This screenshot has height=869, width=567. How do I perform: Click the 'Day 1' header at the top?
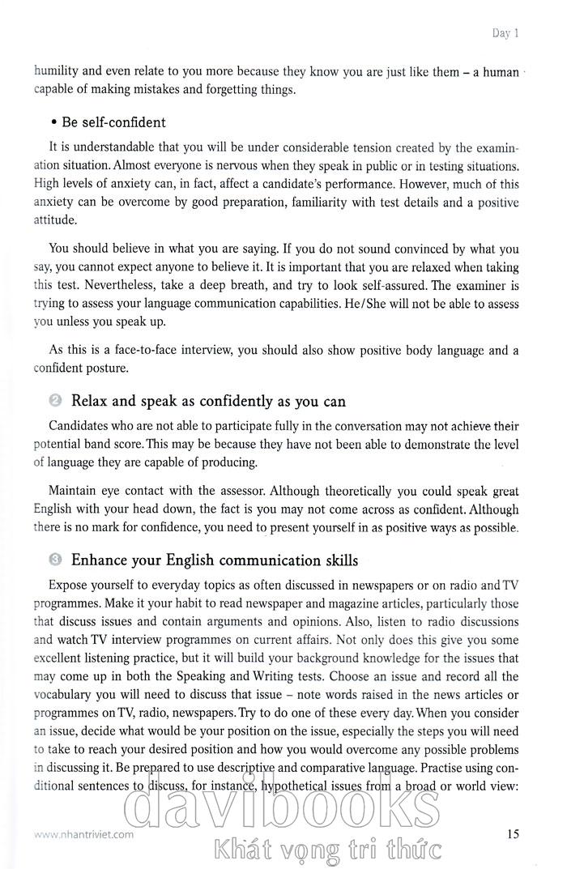[505, 33]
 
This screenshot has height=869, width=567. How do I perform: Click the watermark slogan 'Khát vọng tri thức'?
[325, 850]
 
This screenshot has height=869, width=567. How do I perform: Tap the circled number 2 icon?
[55, 400]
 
